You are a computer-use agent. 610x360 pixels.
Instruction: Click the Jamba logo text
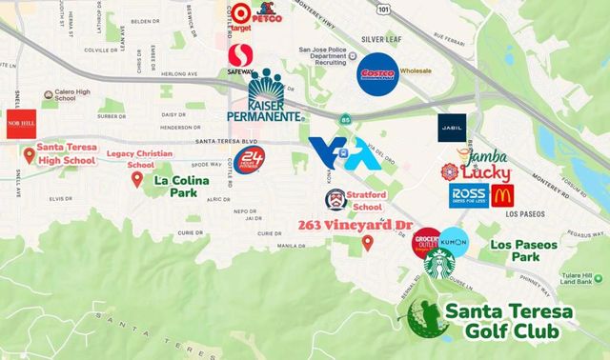pos(487,157)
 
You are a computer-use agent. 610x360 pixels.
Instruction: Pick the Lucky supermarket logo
pos(477,173)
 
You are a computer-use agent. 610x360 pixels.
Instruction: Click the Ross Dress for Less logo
pos(468,195)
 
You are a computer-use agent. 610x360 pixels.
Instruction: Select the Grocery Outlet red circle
pos(426,243)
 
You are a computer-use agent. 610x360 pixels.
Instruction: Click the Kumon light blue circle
pos(454,242)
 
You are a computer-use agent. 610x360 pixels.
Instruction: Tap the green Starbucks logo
pos(440,266)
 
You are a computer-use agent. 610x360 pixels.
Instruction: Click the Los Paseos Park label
pos(523,251)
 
